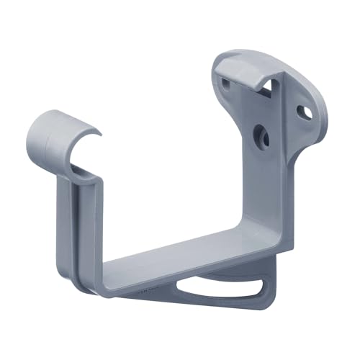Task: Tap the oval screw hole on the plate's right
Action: (x=305, y=113)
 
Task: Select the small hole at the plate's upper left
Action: (x=228, y=84)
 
